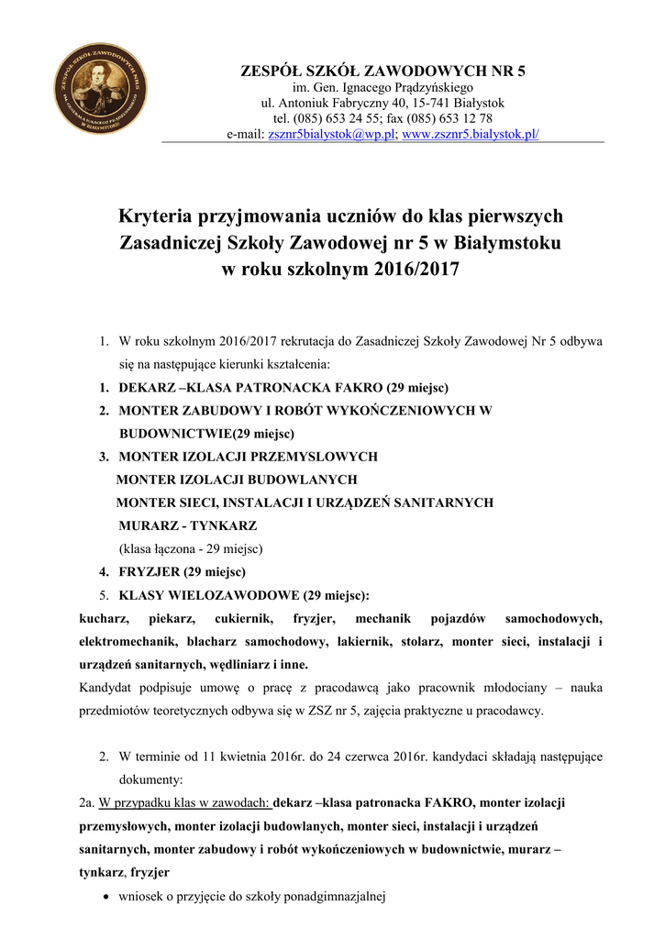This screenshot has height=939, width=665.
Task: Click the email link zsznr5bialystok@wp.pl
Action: click(x=331, y=134)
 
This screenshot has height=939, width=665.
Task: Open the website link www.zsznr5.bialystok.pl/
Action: click(x=471, y=134)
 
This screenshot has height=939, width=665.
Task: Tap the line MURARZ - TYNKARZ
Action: click(x=187, y=525)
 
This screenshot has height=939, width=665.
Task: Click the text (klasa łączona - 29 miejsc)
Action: click(x=191, y=549)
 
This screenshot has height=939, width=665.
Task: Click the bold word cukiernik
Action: click(x=238, y=619)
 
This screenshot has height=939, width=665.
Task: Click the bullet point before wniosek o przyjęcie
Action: click(x=109, y=897)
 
